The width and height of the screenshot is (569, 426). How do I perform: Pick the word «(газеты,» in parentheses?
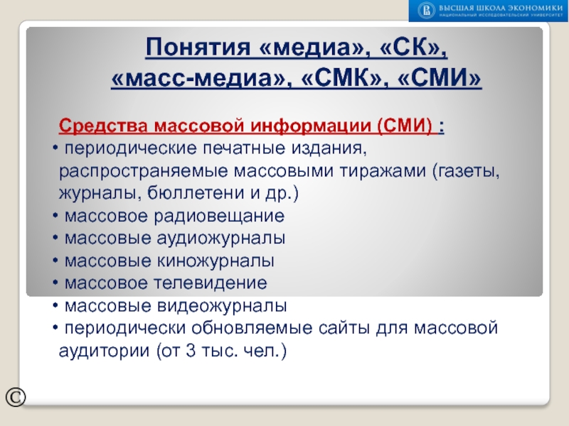pos(464,171)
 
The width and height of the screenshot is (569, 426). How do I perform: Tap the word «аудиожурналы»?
pos(211,238)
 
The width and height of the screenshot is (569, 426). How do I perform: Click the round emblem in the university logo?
pos(425,10)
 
